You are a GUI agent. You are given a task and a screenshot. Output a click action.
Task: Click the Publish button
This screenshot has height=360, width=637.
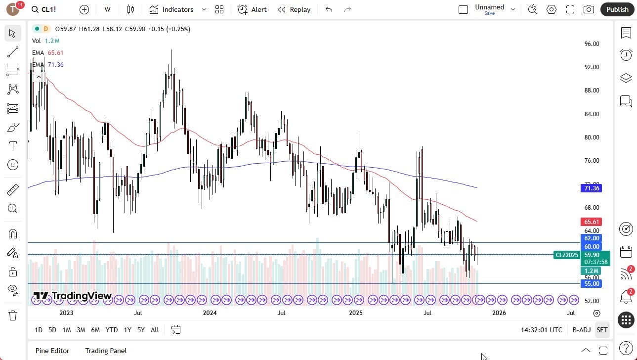tap(617, 9)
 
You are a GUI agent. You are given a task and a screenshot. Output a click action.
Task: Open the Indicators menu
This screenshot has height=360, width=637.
tap(171, 9)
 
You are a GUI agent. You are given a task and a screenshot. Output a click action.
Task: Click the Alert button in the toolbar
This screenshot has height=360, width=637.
tap(252, 9)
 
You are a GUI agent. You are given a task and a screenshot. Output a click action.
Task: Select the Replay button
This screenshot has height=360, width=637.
tap(294, 9)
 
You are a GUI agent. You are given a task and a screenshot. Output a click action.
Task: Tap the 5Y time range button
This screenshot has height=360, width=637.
tap(141, 330)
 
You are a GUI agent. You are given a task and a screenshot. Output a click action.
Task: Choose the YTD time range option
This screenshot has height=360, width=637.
tap(112, 330)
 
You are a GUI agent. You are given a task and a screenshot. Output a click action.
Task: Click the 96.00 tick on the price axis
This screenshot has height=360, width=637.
tap(592, 44)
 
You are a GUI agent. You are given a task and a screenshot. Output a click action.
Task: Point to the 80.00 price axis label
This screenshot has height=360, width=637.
tap(592, 137)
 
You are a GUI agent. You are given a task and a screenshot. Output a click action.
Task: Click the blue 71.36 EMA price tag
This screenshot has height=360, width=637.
tap(592, 188)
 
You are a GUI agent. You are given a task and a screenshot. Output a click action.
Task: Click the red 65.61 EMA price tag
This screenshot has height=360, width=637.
tap(592, 222)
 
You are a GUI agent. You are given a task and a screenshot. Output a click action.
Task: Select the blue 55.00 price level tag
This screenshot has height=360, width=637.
tap(592, 284)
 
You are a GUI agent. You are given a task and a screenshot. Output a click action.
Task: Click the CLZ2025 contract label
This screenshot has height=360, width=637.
tap(567, 255)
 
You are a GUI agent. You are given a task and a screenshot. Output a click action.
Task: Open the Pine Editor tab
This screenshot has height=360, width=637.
tap(52, 351)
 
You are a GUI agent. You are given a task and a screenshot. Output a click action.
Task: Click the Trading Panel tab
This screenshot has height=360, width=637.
tap(106, 351)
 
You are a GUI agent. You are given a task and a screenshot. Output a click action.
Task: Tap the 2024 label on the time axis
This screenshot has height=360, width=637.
tap(210, 313)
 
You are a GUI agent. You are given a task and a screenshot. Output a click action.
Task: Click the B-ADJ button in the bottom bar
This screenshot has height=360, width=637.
tap(581, 330)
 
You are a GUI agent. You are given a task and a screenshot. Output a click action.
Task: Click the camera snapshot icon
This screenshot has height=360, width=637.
tap(589, 9)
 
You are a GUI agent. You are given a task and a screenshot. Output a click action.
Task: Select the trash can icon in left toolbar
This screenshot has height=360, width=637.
tap(13, 315)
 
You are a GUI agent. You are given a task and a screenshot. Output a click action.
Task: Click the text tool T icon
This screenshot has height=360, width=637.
tap(13, 146)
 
